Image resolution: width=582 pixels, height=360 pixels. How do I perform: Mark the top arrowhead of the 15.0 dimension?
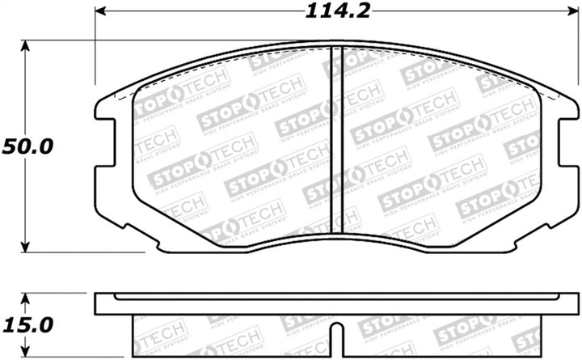pos(26,297)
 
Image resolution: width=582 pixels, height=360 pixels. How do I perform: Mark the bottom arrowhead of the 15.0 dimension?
pos(26,354)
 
